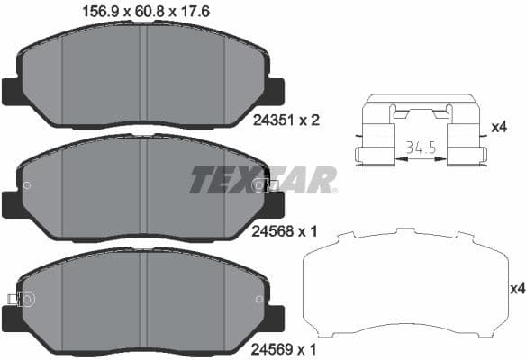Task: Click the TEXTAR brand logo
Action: click(262, 179)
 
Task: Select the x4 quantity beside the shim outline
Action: click(516, 289)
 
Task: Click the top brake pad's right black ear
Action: click(274, 91)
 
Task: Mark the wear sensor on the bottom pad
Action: click(14, 299)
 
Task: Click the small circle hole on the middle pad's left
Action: click(27, 186)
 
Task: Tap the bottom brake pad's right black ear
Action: click(274, 317)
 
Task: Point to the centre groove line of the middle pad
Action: click(144, 189)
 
